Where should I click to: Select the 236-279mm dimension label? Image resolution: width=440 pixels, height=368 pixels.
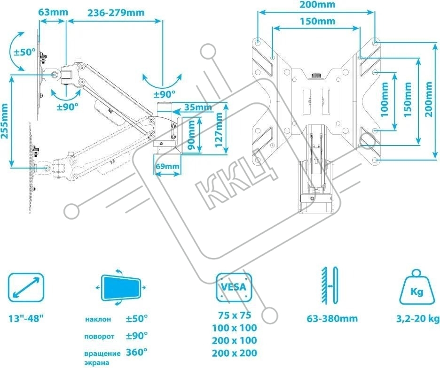click(115, 12)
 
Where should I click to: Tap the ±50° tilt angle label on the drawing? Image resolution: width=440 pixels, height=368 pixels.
click(23, 52)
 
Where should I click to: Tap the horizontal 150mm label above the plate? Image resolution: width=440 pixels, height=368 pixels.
click(316, 21)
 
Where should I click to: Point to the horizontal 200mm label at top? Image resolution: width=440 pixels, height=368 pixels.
click(316, 5)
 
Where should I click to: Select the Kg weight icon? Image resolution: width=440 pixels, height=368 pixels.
click(416, 287)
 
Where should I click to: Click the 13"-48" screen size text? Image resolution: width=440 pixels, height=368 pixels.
click(26, 319)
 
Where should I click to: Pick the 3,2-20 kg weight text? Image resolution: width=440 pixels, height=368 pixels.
click(416, 319)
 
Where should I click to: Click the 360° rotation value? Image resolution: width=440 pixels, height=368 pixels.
click(136, 352)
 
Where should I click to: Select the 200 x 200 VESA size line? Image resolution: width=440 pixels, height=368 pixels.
click(234, 353)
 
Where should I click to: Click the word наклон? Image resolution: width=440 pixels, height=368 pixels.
click(98, 319)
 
